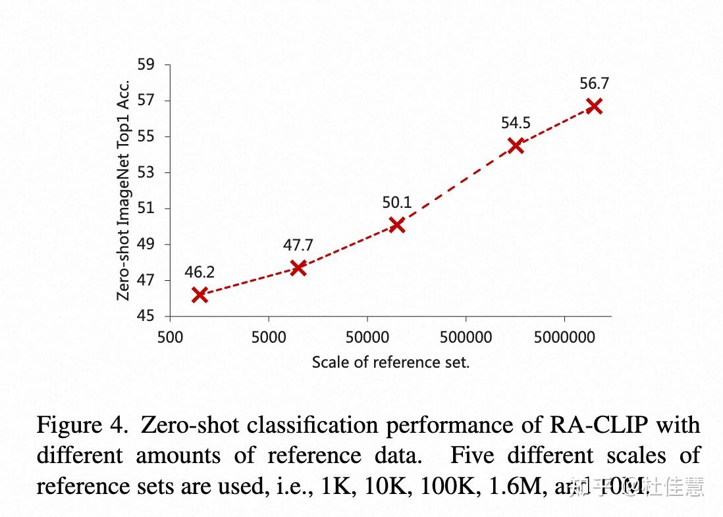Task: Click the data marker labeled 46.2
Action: click(200, 295)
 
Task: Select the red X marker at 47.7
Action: click(298, 268)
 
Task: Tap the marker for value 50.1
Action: click(396, 225)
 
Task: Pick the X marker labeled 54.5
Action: click(516, 145)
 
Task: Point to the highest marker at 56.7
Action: click(594, 106)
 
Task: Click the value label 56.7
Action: click(594, 84)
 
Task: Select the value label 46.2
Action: click(200, 272)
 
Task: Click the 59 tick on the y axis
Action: click(146, 65)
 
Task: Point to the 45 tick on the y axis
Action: click(146, 316)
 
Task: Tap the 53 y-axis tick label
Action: click(146, 173)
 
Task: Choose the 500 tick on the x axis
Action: click(170, 337)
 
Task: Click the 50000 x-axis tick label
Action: click(367, 337)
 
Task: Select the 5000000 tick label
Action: click(564, 337)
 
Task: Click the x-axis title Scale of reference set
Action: click(390, 362)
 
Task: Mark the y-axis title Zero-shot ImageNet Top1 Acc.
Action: click(123, 191)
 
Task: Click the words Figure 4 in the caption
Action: click(81, 426)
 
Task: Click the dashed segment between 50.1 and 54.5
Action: click(456, 185)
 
